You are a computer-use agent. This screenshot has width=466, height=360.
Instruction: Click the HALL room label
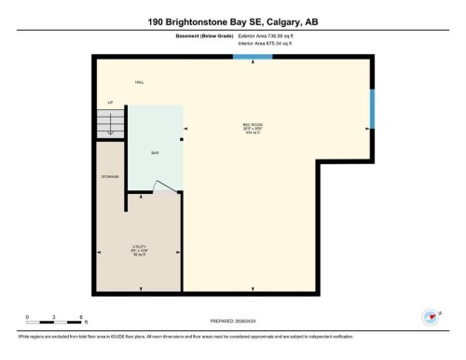pos(139,83)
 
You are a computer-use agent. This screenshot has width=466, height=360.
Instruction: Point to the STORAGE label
pos(110,176)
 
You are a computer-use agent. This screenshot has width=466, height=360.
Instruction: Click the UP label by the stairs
pos(111,102)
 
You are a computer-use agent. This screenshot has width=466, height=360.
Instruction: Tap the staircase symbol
pos(110,123)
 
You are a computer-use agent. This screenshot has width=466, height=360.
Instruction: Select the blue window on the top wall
pos(252,57)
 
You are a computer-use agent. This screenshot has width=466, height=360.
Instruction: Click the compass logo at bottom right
pos(432,316)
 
